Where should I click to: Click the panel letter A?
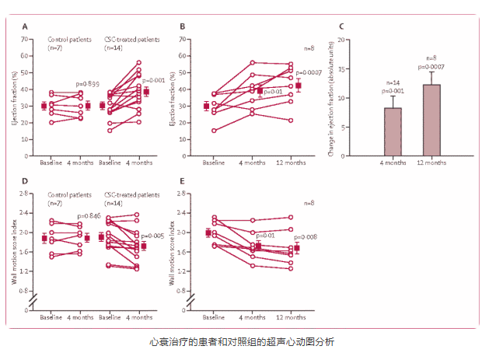pyautogui.click(x=26, y=26)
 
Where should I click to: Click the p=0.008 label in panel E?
pyautogui.click(x=306, y=236)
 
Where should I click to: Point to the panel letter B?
pyautogui.click(x=183, y=26)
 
